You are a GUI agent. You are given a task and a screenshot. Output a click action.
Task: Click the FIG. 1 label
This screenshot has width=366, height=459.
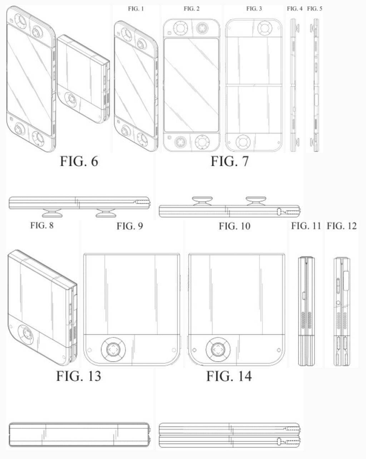136,9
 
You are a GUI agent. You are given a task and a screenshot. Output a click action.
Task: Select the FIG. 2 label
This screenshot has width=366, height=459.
192,9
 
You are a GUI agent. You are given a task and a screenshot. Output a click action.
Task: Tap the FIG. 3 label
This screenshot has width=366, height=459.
254,9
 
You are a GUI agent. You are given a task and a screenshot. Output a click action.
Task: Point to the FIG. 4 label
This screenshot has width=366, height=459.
295,9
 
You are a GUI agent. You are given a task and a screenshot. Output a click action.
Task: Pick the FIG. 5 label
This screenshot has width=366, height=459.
315,9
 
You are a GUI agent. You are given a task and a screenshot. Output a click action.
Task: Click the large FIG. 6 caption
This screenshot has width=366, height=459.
79,161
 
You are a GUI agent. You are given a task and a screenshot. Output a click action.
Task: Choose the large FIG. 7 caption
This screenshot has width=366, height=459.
230,161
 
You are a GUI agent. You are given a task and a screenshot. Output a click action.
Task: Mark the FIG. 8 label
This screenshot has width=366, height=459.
42,226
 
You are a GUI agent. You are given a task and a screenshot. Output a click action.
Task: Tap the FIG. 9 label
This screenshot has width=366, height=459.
130,226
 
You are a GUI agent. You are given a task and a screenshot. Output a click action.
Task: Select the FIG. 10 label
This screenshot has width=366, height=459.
234,226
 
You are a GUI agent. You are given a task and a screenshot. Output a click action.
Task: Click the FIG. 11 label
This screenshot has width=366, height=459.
306,226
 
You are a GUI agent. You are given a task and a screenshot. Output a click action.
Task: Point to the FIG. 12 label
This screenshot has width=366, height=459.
342,226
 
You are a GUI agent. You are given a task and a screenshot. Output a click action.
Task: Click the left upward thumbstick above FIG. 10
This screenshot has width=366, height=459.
202,201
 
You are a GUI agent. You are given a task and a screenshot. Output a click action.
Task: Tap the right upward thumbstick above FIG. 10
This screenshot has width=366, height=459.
256,201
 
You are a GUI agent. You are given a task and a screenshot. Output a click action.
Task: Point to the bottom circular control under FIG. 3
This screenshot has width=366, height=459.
243,142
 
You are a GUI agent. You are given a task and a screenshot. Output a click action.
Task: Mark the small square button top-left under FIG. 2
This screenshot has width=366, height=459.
169,33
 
